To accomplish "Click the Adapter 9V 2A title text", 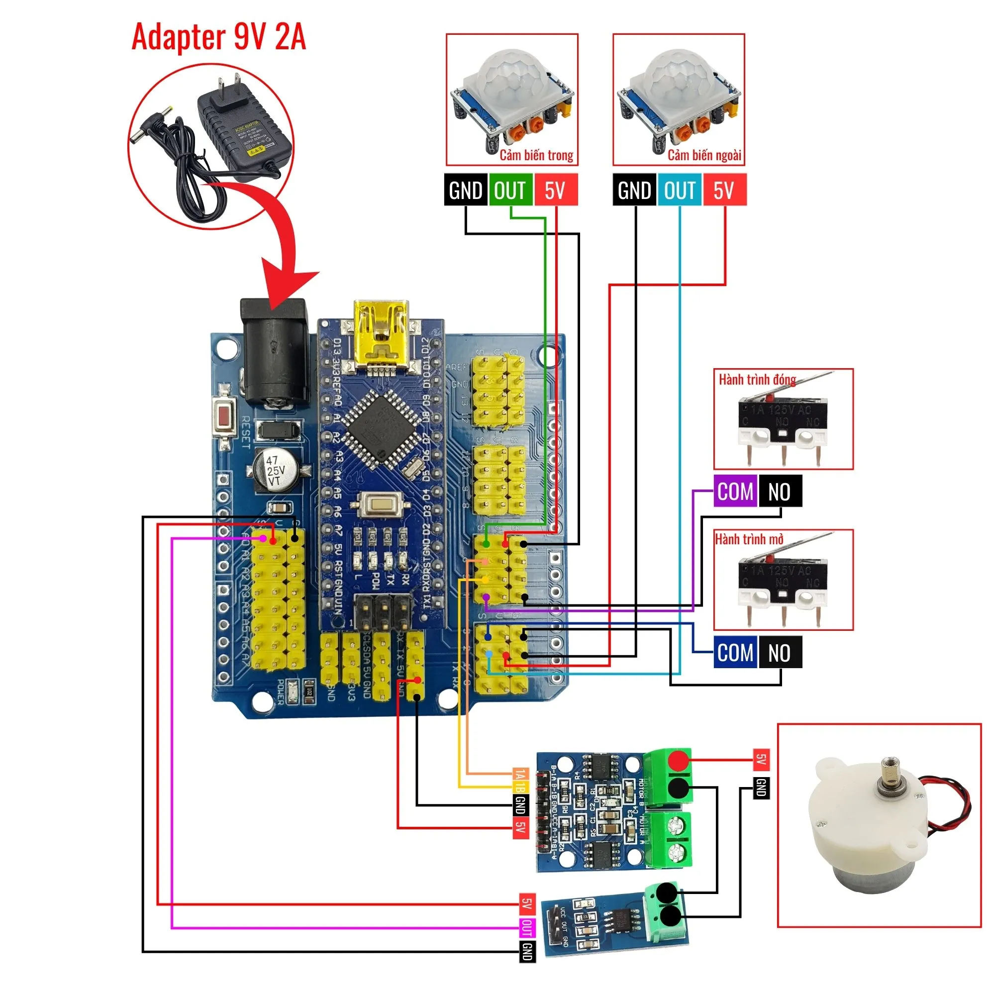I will pyautogui.click(x=219, y=37).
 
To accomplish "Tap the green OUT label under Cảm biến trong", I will pyautogui.click(x=510, y=191).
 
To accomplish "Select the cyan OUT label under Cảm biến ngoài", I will pyautogui.click(x=679, y=191).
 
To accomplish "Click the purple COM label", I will pyautogui.click(x=735, y=492).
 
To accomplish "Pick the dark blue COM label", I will pyautogui.click(x=735, y=653).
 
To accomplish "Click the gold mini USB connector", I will pyautogui.click(x=381, y=335).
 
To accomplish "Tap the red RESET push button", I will pyautogui.click(x=224, y=417).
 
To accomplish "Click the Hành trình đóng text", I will pyautogui.click(x=757, y=380).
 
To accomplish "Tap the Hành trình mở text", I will pyautogui.click(x=749, y=539).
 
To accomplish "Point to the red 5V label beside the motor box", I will pyautogui.click(x=761, y=759).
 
